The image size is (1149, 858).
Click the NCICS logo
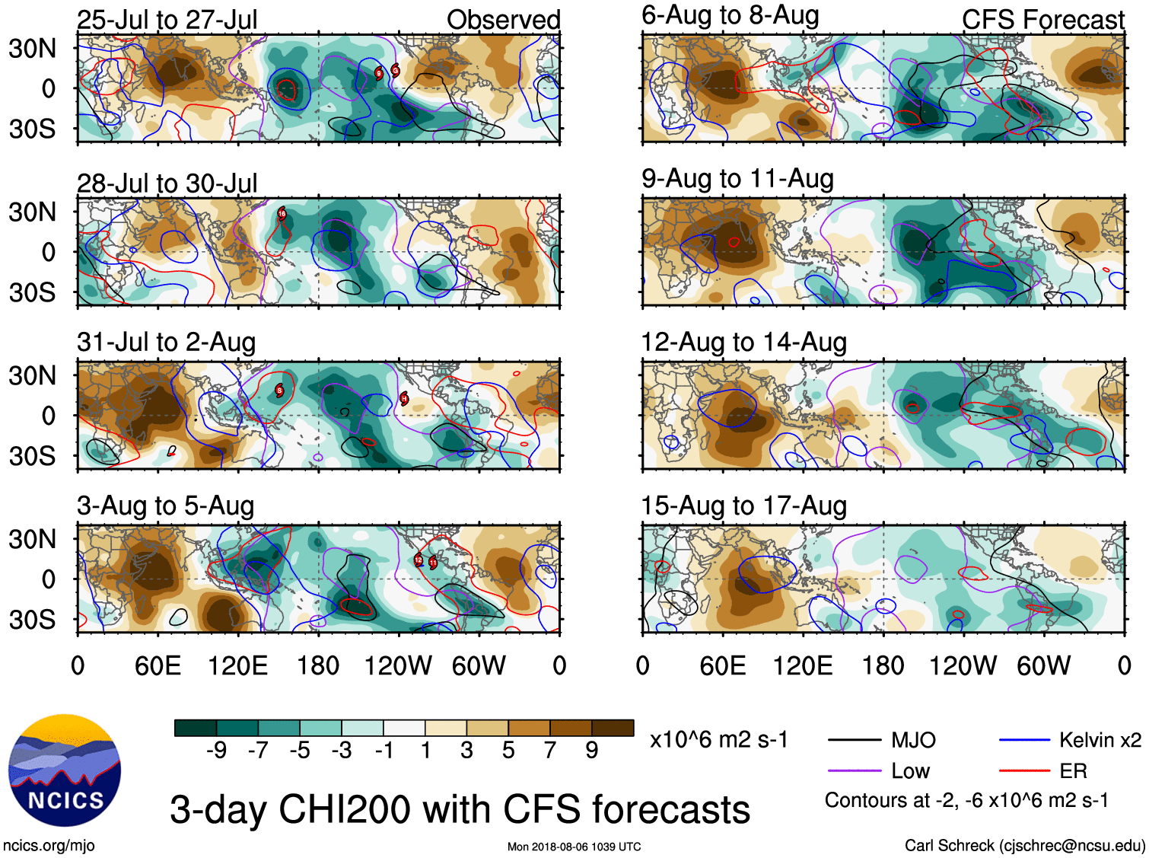point(65,770)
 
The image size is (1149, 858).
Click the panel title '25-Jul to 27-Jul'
point(167,20)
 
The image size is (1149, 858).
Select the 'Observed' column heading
point(503,20)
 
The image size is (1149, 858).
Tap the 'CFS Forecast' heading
point(1042,20)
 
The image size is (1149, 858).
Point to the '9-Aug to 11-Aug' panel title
point(737,179)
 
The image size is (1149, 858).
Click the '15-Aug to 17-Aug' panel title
point(743,506)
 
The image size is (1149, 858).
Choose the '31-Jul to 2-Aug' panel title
point(166,343)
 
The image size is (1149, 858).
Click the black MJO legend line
point(855,740)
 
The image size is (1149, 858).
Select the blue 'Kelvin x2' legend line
point(1024,740)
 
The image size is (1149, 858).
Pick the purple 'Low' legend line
point(855,771)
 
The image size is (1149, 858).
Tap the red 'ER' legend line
point(1024,771)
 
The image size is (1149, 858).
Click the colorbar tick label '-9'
point(216,751)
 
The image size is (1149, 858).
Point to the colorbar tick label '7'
point(550,751)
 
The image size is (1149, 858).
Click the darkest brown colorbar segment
point(613,728)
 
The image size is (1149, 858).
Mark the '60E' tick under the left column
point(158,666)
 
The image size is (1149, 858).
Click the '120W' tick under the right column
point(963,666)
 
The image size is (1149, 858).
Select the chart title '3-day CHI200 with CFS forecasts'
point(460,809)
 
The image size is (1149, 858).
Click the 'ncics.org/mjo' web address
point(49,845)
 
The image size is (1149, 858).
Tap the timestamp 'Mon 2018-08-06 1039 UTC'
point(574,847)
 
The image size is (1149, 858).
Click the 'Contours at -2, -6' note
point(966,800)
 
